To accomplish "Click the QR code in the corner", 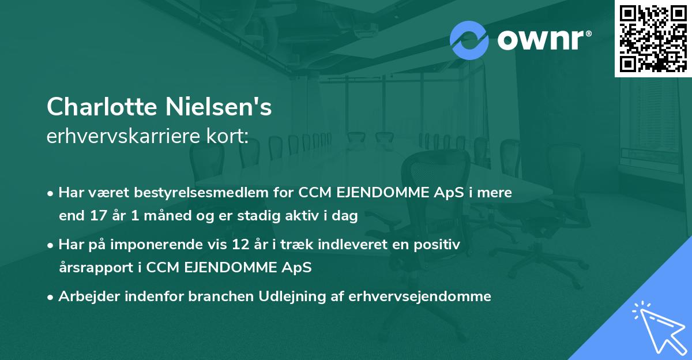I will point(653,39).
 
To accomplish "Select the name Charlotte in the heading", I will point(102,107).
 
